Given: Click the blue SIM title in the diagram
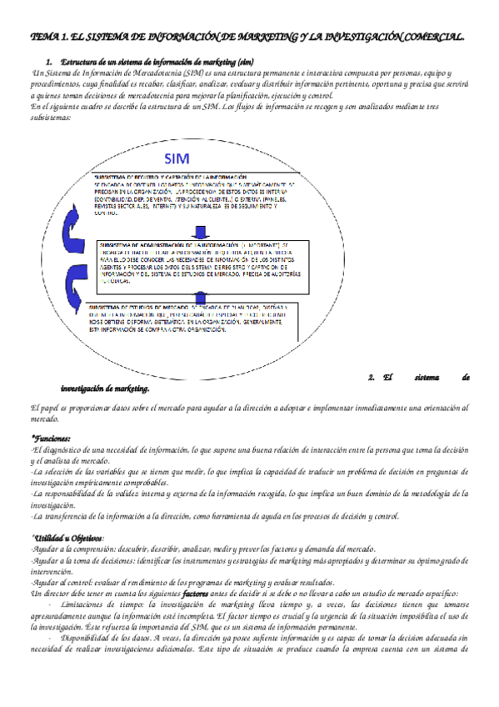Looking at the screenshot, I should pyautogui.click(x=177, y=158).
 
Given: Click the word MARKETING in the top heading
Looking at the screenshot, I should pyautogui.click(x=257, y=38).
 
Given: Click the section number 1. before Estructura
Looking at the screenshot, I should pyautogui.click(x=49, y=63).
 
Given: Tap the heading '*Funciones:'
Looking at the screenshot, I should pyautogui.click(x=52, y=438).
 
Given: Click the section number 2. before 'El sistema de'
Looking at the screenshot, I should pyautogui.click(x=372, y=377).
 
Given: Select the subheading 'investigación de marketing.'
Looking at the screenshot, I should pyautogui.click(x=105, y=389).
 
